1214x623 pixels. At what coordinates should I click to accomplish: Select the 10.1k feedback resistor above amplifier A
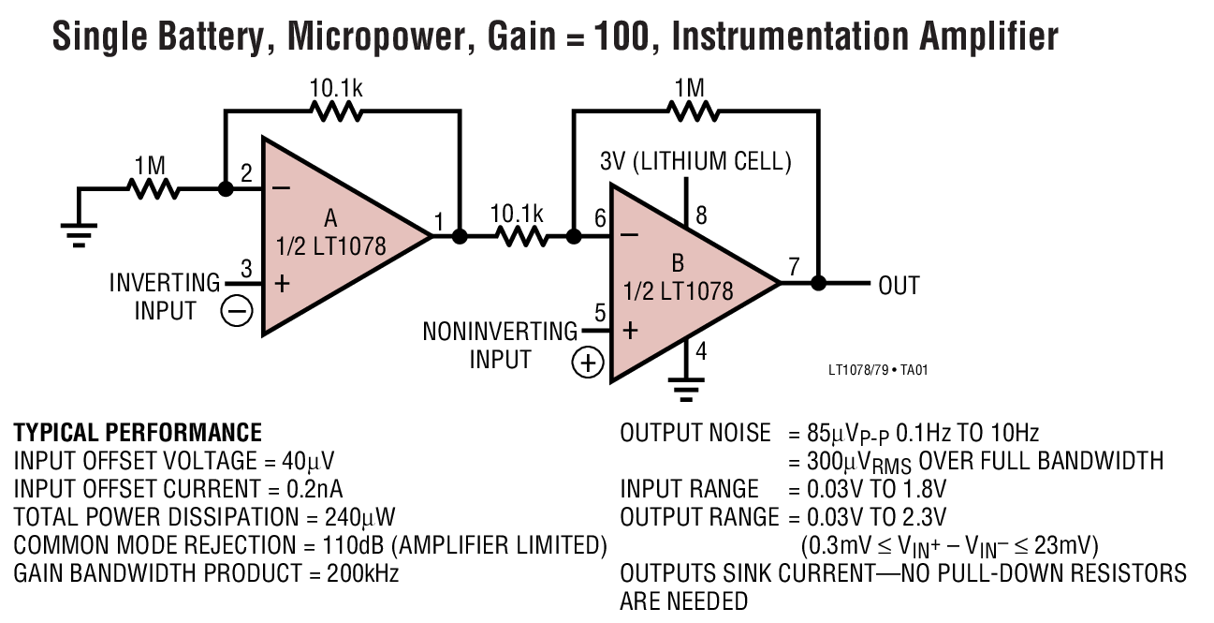pos(336,111)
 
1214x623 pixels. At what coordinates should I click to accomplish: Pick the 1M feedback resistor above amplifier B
pos(692,111)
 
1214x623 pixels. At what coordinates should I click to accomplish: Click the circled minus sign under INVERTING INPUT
pos(237,310)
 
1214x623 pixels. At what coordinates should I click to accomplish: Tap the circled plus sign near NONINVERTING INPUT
pos(587,362)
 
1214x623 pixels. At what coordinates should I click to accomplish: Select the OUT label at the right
pos(899,286)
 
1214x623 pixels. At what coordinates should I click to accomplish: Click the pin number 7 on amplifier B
pos(794,267)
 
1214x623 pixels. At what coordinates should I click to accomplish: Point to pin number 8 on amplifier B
pos(701,215)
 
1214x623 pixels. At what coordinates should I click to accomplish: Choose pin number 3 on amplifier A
pos(246,270)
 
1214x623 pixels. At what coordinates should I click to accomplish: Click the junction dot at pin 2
pos(225,188)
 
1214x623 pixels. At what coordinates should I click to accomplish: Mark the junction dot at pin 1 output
pos(460,236)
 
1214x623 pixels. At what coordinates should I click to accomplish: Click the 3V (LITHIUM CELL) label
pos(695,161)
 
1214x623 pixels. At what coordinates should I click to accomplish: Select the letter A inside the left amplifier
pos(330,219)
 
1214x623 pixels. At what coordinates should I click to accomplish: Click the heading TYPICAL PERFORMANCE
pos(138,432)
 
